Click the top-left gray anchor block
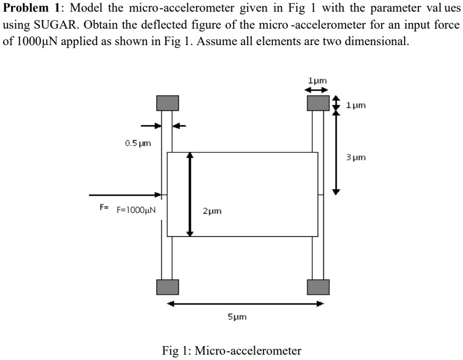click(x=167, y=103)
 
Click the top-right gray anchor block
click(x=318, y=102)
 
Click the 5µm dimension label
click(x=237, y=317)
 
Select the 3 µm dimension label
click(x=356, y=158)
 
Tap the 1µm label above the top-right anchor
click(x=318, y=81)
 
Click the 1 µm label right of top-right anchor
click(x=355, y=106)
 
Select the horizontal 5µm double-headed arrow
click(x=245, y=304)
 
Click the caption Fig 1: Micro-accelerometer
click(x=231, y=350)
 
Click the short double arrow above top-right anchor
click(x=318, y=90)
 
